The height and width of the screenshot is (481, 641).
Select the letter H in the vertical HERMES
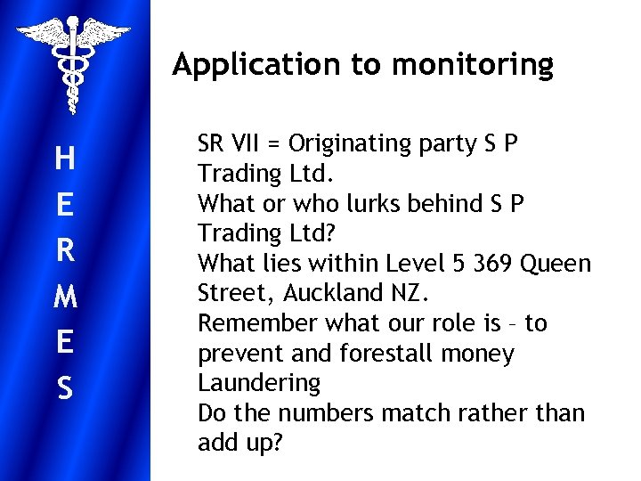pyautogui.click(x=64, y=159)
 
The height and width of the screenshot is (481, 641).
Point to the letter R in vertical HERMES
pyautogui.click(x=64, y=251)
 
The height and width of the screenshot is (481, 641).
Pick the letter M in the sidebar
pyautogui.click(x=64, y=298)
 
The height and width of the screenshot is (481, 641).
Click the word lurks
pyautogui.click(x=364, y=204)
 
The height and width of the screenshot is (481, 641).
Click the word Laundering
pyautogui.click(x=258, y=384)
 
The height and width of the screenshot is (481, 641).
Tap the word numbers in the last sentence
pyautogui.click(x=318, y=414)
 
